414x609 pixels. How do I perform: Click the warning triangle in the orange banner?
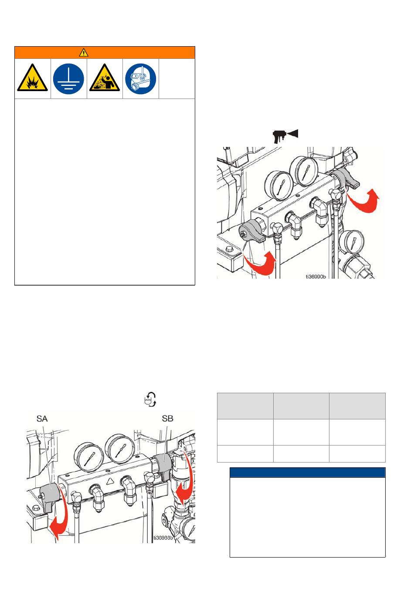point(84,52)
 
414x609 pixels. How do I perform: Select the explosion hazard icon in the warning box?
point(33,78)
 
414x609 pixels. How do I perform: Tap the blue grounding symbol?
point(68,79)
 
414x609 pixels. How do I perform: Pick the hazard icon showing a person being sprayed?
point(105,78)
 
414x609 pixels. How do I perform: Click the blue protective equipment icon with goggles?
point(140,79)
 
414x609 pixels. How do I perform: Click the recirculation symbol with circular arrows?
point(150,399)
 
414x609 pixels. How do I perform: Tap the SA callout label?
point(42,418)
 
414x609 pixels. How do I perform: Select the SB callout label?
point(167,418)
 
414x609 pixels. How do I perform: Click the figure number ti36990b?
point(316,276)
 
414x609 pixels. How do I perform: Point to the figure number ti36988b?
point(163,538)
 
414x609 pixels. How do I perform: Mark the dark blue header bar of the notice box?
point(307,473)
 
